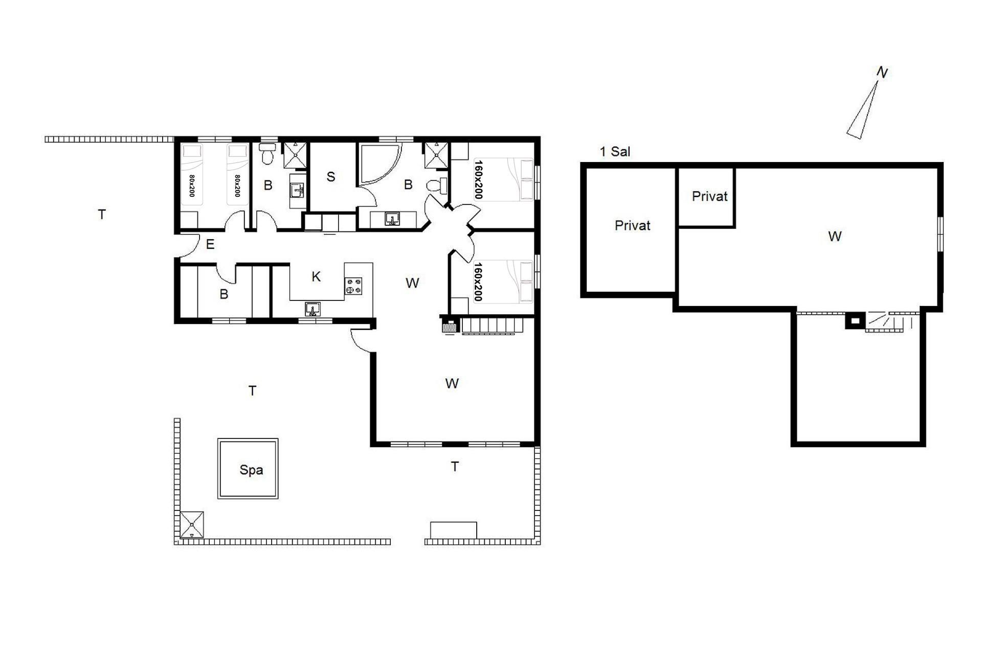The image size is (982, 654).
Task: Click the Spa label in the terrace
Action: coord(251,470)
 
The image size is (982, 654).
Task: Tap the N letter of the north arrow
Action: coord(882,73)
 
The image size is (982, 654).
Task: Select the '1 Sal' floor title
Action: coord(615,151)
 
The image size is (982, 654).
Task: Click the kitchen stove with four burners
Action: coord(353,286)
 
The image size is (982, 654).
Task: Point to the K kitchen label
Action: coord(316,276)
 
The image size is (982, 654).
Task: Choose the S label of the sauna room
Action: coord(331,177)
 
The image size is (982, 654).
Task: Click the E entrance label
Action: coord(210,244)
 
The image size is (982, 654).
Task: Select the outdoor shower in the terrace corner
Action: coord(192,524)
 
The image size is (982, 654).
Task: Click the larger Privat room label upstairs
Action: coord(632,225)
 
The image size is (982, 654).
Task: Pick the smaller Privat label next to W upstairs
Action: coord(709,196)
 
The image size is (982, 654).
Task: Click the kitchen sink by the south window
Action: coord(313,309)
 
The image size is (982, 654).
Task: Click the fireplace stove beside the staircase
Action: coord(450,326)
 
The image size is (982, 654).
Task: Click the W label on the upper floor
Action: coord(834,236)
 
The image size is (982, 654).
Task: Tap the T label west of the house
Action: coord(102,215)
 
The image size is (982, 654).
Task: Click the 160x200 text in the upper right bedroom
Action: coord(478,179)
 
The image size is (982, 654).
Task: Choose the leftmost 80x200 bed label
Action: coord(192,186)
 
